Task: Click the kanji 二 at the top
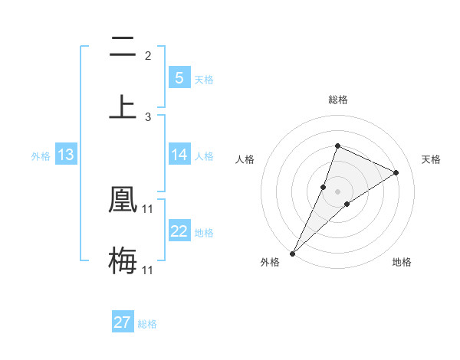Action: click(x=123, y=47)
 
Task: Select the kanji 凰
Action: click(x=123, y=199)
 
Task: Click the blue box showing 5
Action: click(x=179, y=77)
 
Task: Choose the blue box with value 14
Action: click(x=179, y=155)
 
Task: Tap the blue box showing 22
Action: click(x=179, y=231)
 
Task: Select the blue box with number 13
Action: click(x=65, y=155)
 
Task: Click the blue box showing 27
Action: click(x=123, y=322)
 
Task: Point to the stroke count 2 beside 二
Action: click(x=148, y=55)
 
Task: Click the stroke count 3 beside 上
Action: click(x=148, y=117)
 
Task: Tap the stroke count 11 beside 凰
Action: click(x=148, y=208)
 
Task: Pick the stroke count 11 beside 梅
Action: click(x=148, y=270)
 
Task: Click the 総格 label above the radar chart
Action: click(x=337, y=100)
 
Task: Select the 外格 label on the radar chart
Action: click(x=270, y=263)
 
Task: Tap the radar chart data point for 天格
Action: click(x=396, y=172)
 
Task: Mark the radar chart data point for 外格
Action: click(x=293, y=253)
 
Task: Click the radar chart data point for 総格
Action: click(x=337, y=146)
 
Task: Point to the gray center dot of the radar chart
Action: click(x=337, y=191)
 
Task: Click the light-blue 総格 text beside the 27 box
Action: click(x=147, y=324)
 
